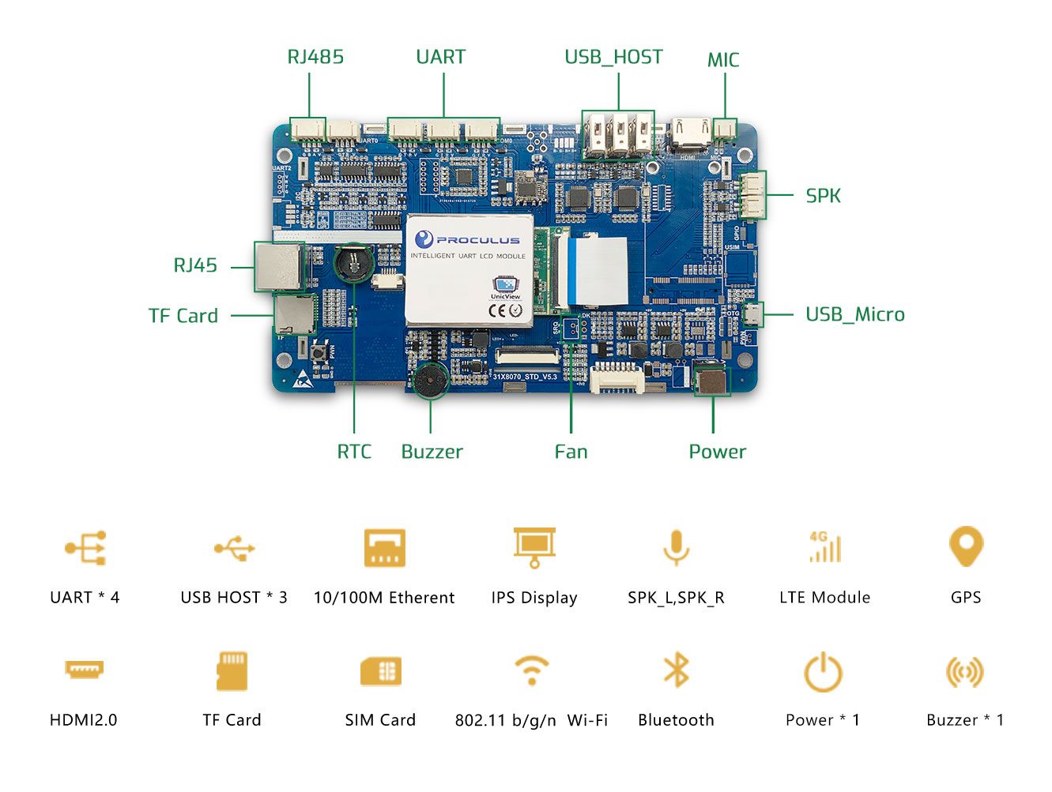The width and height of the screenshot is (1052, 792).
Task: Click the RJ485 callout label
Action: pos(315,57)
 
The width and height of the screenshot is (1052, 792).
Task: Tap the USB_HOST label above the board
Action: pos(613,57)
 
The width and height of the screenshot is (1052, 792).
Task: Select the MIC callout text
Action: pos(722,60)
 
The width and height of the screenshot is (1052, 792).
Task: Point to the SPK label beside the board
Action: pos(823,196)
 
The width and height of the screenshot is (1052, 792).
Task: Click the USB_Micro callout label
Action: pos(854,314)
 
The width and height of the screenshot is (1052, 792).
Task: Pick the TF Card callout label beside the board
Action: pos(183,316)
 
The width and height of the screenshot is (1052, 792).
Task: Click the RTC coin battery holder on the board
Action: pos(353,263)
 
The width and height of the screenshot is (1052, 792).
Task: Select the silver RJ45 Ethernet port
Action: pos(279,267)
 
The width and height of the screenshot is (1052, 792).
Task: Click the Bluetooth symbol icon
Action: pos(676,670)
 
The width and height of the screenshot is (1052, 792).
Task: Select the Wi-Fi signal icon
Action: pos(532,670)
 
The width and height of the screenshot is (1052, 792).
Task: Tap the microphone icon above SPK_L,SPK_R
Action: pos(676,547)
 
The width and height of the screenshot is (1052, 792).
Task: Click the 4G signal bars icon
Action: pos(824,546)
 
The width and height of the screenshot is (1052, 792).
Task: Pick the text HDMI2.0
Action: pos(83,720)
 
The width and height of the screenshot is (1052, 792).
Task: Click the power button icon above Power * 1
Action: pos(823,672)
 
